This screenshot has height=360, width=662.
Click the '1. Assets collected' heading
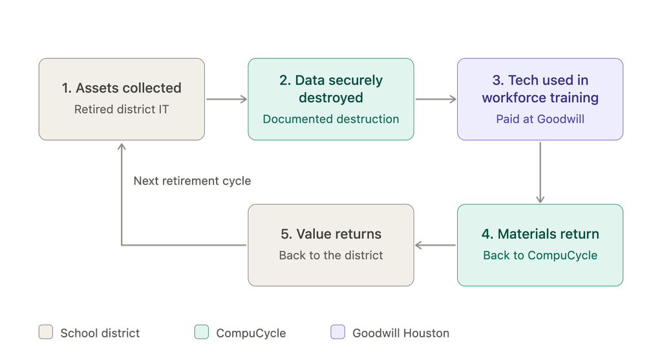122,88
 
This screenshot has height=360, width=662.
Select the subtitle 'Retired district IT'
122,109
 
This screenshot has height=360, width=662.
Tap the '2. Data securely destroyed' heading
331,89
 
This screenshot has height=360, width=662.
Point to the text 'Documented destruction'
331,119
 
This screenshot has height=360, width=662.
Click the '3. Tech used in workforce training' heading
540,89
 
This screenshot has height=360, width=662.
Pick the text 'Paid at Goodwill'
540,119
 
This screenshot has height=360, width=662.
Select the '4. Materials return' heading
540,234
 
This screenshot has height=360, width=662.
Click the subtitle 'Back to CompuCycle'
540,255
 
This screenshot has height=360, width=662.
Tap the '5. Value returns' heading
331,234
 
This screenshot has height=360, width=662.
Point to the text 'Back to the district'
331,255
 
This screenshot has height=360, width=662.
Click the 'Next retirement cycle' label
192,180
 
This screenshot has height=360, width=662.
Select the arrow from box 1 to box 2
226,99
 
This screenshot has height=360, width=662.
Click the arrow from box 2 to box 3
436,99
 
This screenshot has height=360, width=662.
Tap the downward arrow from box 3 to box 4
540,172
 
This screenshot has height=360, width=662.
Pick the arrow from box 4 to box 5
435,245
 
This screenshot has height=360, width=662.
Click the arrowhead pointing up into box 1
122,146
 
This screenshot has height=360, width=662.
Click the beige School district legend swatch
46,332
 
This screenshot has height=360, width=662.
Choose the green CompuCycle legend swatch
202,332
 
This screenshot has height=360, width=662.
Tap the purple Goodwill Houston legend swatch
337,332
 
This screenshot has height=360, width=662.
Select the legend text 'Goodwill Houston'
401,333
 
